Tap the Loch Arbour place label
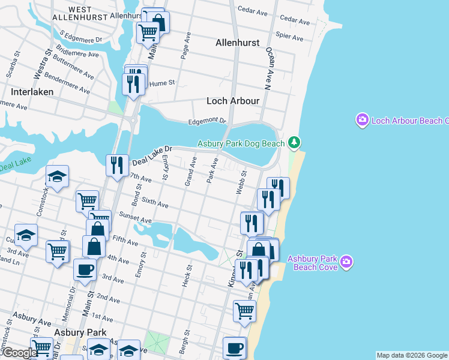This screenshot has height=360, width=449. (233, 101)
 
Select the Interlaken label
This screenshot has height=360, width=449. (32, 92)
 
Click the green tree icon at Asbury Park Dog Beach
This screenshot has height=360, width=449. (294, 142)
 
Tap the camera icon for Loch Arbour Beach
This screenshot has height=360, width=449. (362, 121)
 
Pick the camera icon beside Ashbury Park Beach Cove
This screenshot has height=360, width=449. (346, 262)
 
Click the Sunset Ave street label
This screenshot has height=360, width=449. (135, 220)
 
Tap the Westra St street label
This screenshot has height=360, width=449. (40, 68)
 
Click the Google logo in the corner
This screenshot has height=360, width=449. (19, 353)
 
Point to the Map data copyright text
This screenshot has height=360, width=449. (412, 355)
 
